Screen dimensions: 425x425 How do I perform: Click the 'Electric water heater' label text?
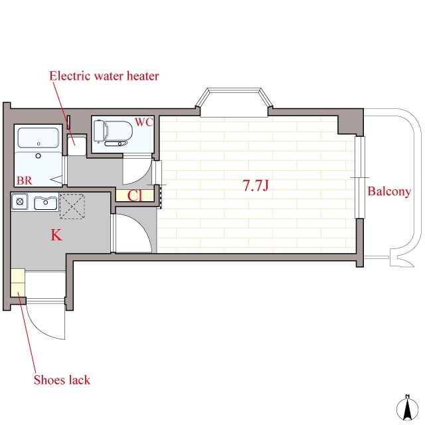[x=104, y=76]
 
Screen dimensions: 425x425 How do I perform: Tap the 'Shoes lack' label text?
[x=62, y=380]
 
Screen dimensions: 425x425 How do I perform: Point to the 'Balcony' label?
[x=389, y=192]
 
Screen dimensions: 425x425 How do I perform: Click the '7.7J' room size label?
[x=256, y=186]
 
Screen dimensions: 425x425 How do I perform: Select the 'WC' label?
[x=144, y=122]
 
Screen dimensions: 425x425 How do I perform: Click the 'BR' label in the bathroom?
[x=25, y=181]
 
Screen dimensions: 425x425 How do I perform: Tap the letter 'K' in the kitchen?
[x=56, y=235]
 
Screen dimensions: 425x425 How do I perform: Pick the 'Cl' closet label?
[x=135, y=196]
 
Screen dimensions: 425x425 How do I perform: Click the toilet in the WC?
[x=113, y=133]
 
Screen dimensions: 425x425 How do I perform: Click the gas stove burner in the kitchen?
[x=19, y=202]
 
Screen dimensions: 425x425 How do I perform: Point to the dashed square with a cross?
[x=72, y=207]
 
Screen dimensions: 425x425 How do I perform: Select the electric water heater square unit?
[x=77, y=145]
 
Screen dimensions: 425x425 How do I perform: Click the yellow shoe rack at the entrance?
[x=18, y=283]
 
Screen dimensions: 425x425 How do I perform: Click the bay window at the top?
[x=234, y=102]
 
